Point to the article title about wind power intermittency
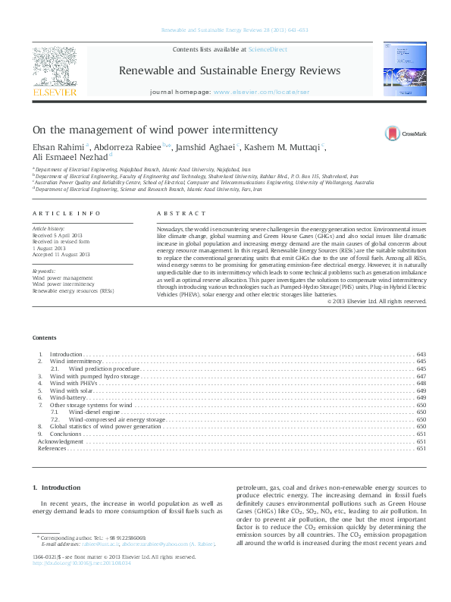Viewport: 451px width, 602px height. point(155,130)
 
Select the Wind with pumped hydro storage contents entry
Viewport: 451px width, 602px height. point(96,376)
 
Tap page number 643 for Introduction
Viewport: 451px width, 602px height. point(421,354)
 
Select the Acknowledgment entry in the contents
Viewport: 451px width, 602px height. point(61,441)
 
